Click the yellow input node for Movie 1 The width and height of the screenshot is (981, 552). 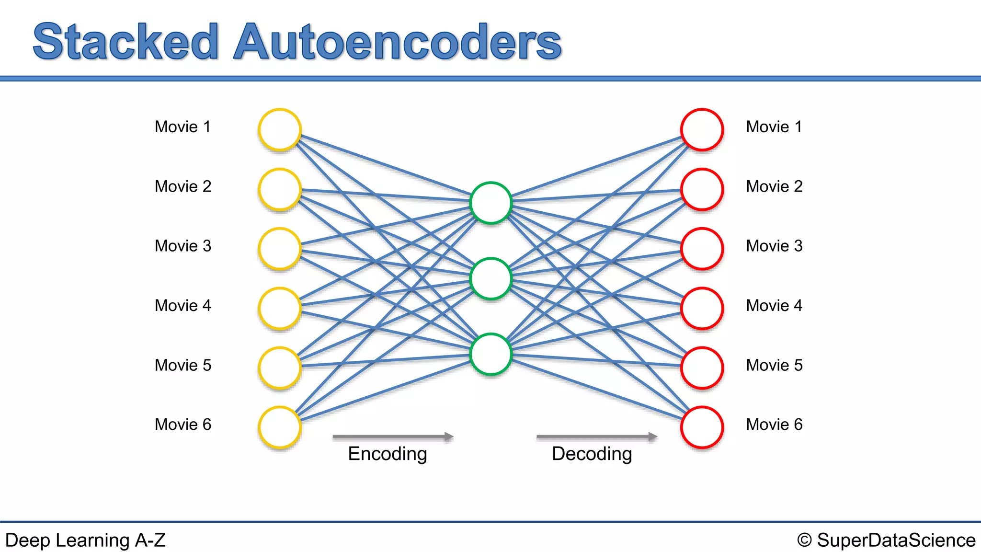pyautogui.click(x=280, y=129)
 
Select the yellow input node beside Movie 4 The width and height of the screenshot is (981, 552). pyautogui.click(x=280, y=308)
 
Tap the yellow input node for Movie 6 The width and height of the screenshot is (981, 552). pyautogui.click(x=280, y=427)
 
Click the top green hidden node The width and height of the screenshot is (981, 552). pyautogui.click(x=491, y=203)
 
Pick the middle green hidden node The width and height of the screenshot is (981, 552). pyautogui.click(x=491, y=278)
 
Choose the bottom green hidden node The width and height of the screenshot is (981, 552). pyautogui.click(x=491, y=354)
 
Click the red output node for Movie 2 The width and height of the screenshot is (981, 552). pyautogui.click(x=702, y=189)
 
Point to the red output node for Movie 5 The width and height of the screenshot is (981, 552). pyautogui.click(x=702, y=368)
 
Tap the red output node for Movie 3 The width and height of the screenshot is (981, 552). pyautogui.click(x=702, y=249)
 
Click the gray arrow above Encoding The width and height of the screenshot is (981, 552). pyautogui.click(x=393, y=437)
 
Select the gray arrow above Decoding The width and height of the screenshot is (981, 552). pyautogui.click(x=596, y=437)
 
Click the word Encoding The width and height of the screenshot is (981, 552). pyautogui.click(x=387, y=454)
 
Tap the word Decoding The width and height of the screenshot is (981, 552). pyautogui.click(x=592, y=454)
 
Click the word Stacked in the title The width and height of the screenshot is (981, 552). pyautogui.click(x=125, y=42)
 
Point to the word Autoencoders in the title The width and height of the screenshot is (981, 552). pyautogui.click(x=398, y=42)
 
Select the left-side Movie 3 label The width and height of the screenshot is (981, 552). pyautogui.click(x=183, y=246)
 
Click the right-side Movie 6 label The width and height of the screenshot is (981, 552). pyautogui.click(x=774, y=425)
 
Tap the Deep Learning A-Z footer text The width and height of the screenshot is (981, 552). pyautogui.click(x=85, y=540)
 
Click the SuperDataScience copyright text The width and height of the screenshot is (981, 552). pyautogui.click(x=886, y=540)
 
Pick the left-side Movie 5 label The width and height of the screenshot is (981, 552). pyautogui.click(x=183, y=365)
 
